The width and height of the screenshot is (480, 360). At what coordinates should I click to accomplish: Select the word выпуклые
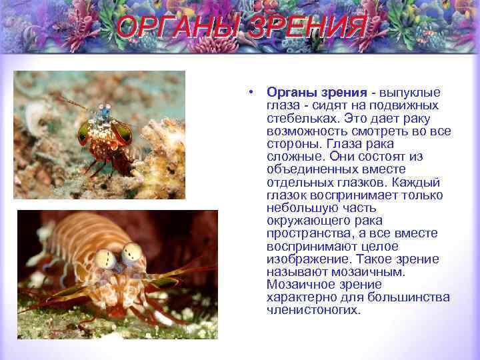[411, 93]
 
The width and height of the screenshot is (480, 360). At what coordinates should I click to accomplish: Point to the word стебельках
[297, 118]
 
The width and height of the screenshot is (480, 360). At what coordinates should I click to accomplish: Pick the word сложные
[294, 157]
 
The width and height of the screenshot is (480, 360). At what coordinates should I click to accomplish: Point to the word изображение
[307, 259]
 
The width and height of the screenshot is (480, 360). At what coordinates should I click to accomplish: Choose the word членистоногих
[313, 310]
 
